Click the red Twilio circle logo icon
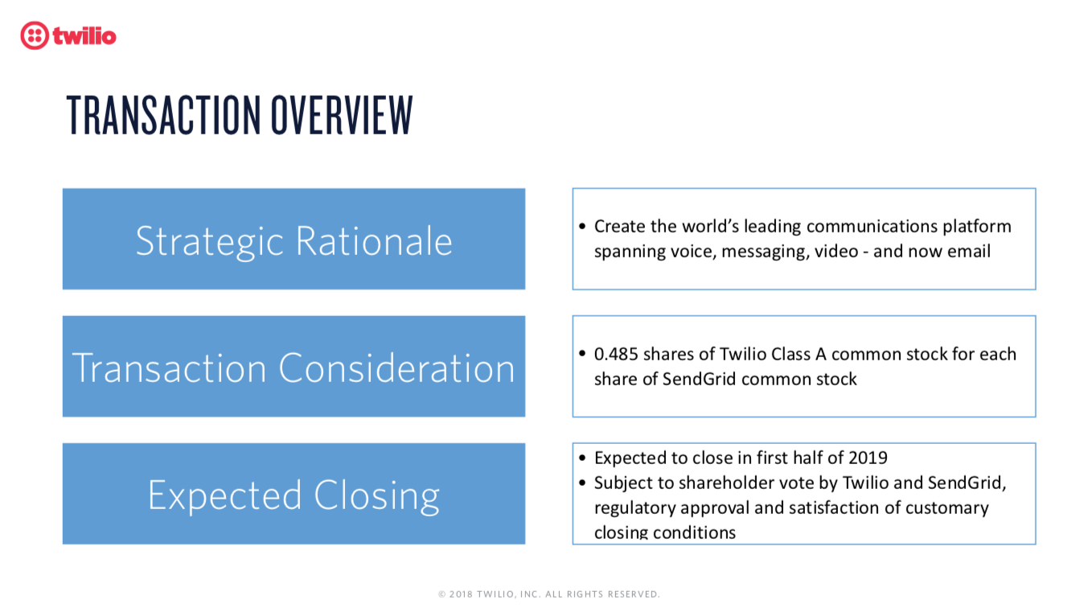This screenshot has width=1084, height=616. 35,35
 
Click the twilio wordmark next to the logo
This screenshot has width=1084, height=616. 84,36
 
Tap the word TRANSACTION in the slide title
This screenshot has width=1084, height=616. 163,115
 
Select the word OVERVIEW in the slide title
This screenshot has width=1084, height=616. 342,115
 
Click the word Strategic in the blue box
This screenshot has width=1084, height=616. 209,242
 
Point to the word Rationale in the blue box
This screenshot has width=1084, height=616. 374,241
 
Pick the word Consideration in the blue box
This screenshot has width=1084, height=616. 396,368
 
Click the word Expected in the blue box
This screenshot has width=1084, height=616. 225,496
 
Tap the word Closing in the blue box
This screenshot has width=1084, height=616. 377,496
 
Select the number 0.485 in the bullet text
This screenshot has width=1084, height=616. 616,354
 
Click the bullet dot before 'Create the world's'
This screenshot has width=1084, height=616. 582,226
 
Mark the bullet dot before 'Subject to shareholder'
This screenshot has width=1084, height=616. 582,483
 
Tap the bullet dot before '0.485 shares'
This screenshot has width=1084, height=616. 582,353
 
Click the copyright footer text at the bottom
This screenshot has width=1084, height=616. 548,594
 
